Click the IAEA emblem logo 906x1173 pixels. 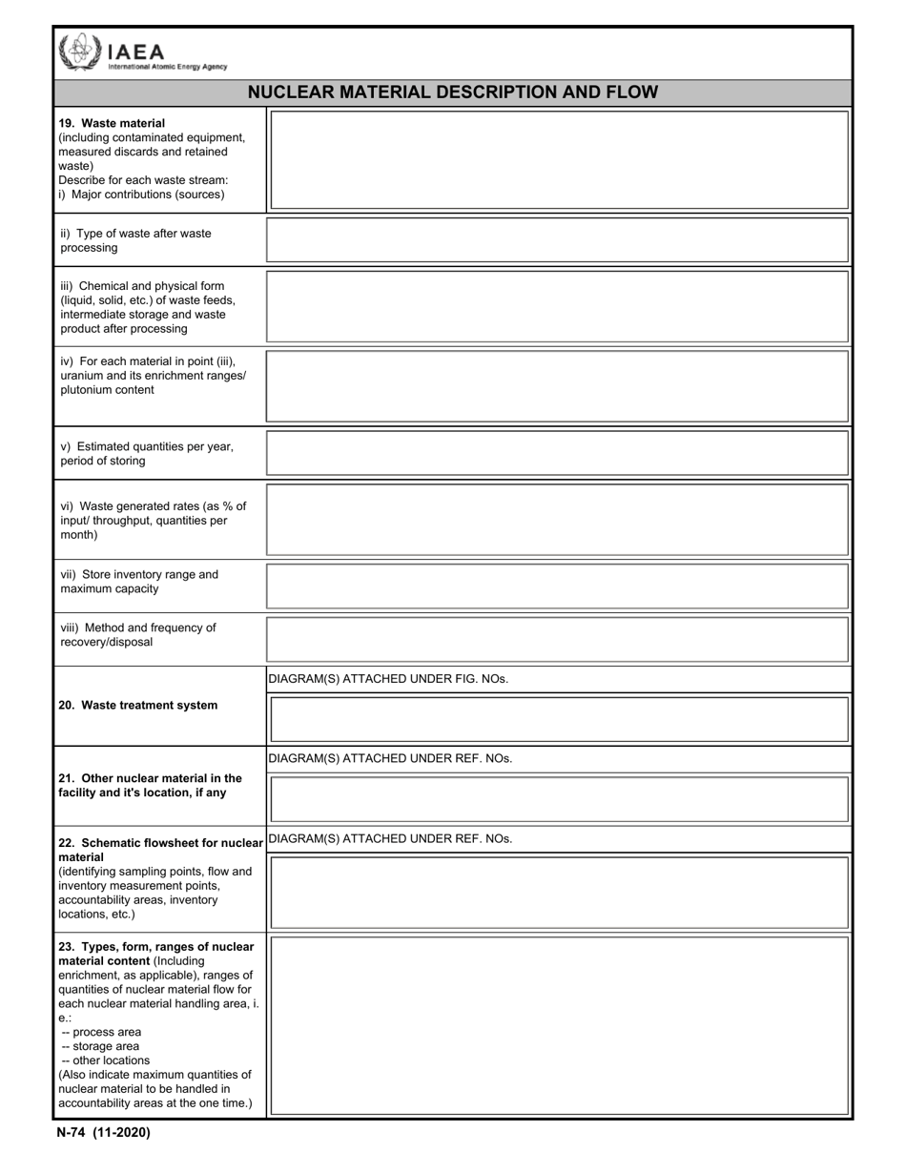78,52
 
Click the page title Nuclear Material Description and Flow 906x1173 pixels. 452,93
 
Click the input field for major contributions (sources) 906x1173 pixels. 559,160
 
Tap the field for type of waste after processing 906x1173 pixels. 559,240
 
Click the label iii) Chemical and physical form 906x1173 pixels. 143,286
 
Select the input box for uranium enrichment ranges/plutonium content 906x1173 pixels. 559,386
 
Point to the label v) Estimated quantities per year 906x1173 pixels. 147,446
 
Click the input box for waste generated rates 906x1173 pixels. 559,520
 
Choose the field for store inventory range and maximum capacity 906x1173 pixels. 559,586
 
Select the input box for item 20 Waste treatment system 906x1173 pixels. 559,720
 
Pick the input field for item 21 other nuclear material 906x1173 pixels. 559,799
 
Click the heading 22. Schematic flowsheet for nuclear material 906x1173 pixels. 160,843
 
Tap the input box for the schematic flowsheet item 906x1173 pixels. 559,893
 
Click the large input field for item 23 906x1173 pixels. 559,1026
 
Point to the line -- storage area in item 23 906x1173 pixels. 100,1046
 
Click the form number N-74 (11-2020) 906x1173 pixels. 103,1133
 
